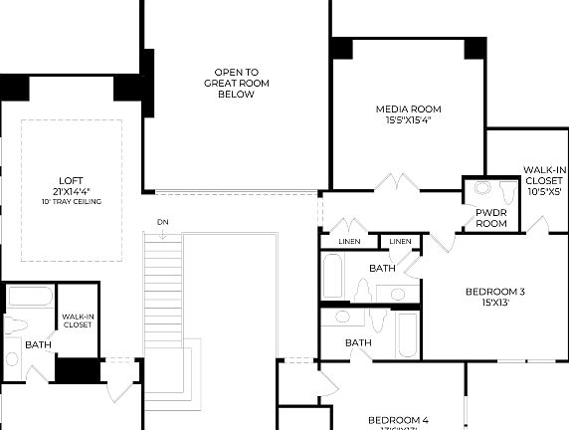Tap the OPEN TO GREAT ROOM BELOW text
(x=237, y=84)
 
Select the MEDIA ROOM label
(x=408, y=108)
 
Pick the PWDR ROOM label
(x=491, y=218)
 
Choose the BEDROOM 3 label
(x=494, y=292)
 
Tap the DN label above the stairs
(x=161, y=221)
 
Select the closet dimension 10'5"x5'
(x=543, y=191)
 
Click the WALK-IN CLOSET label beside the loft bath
(x=78, y=321)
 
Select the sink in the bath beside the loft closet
(x=12, y=358)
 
